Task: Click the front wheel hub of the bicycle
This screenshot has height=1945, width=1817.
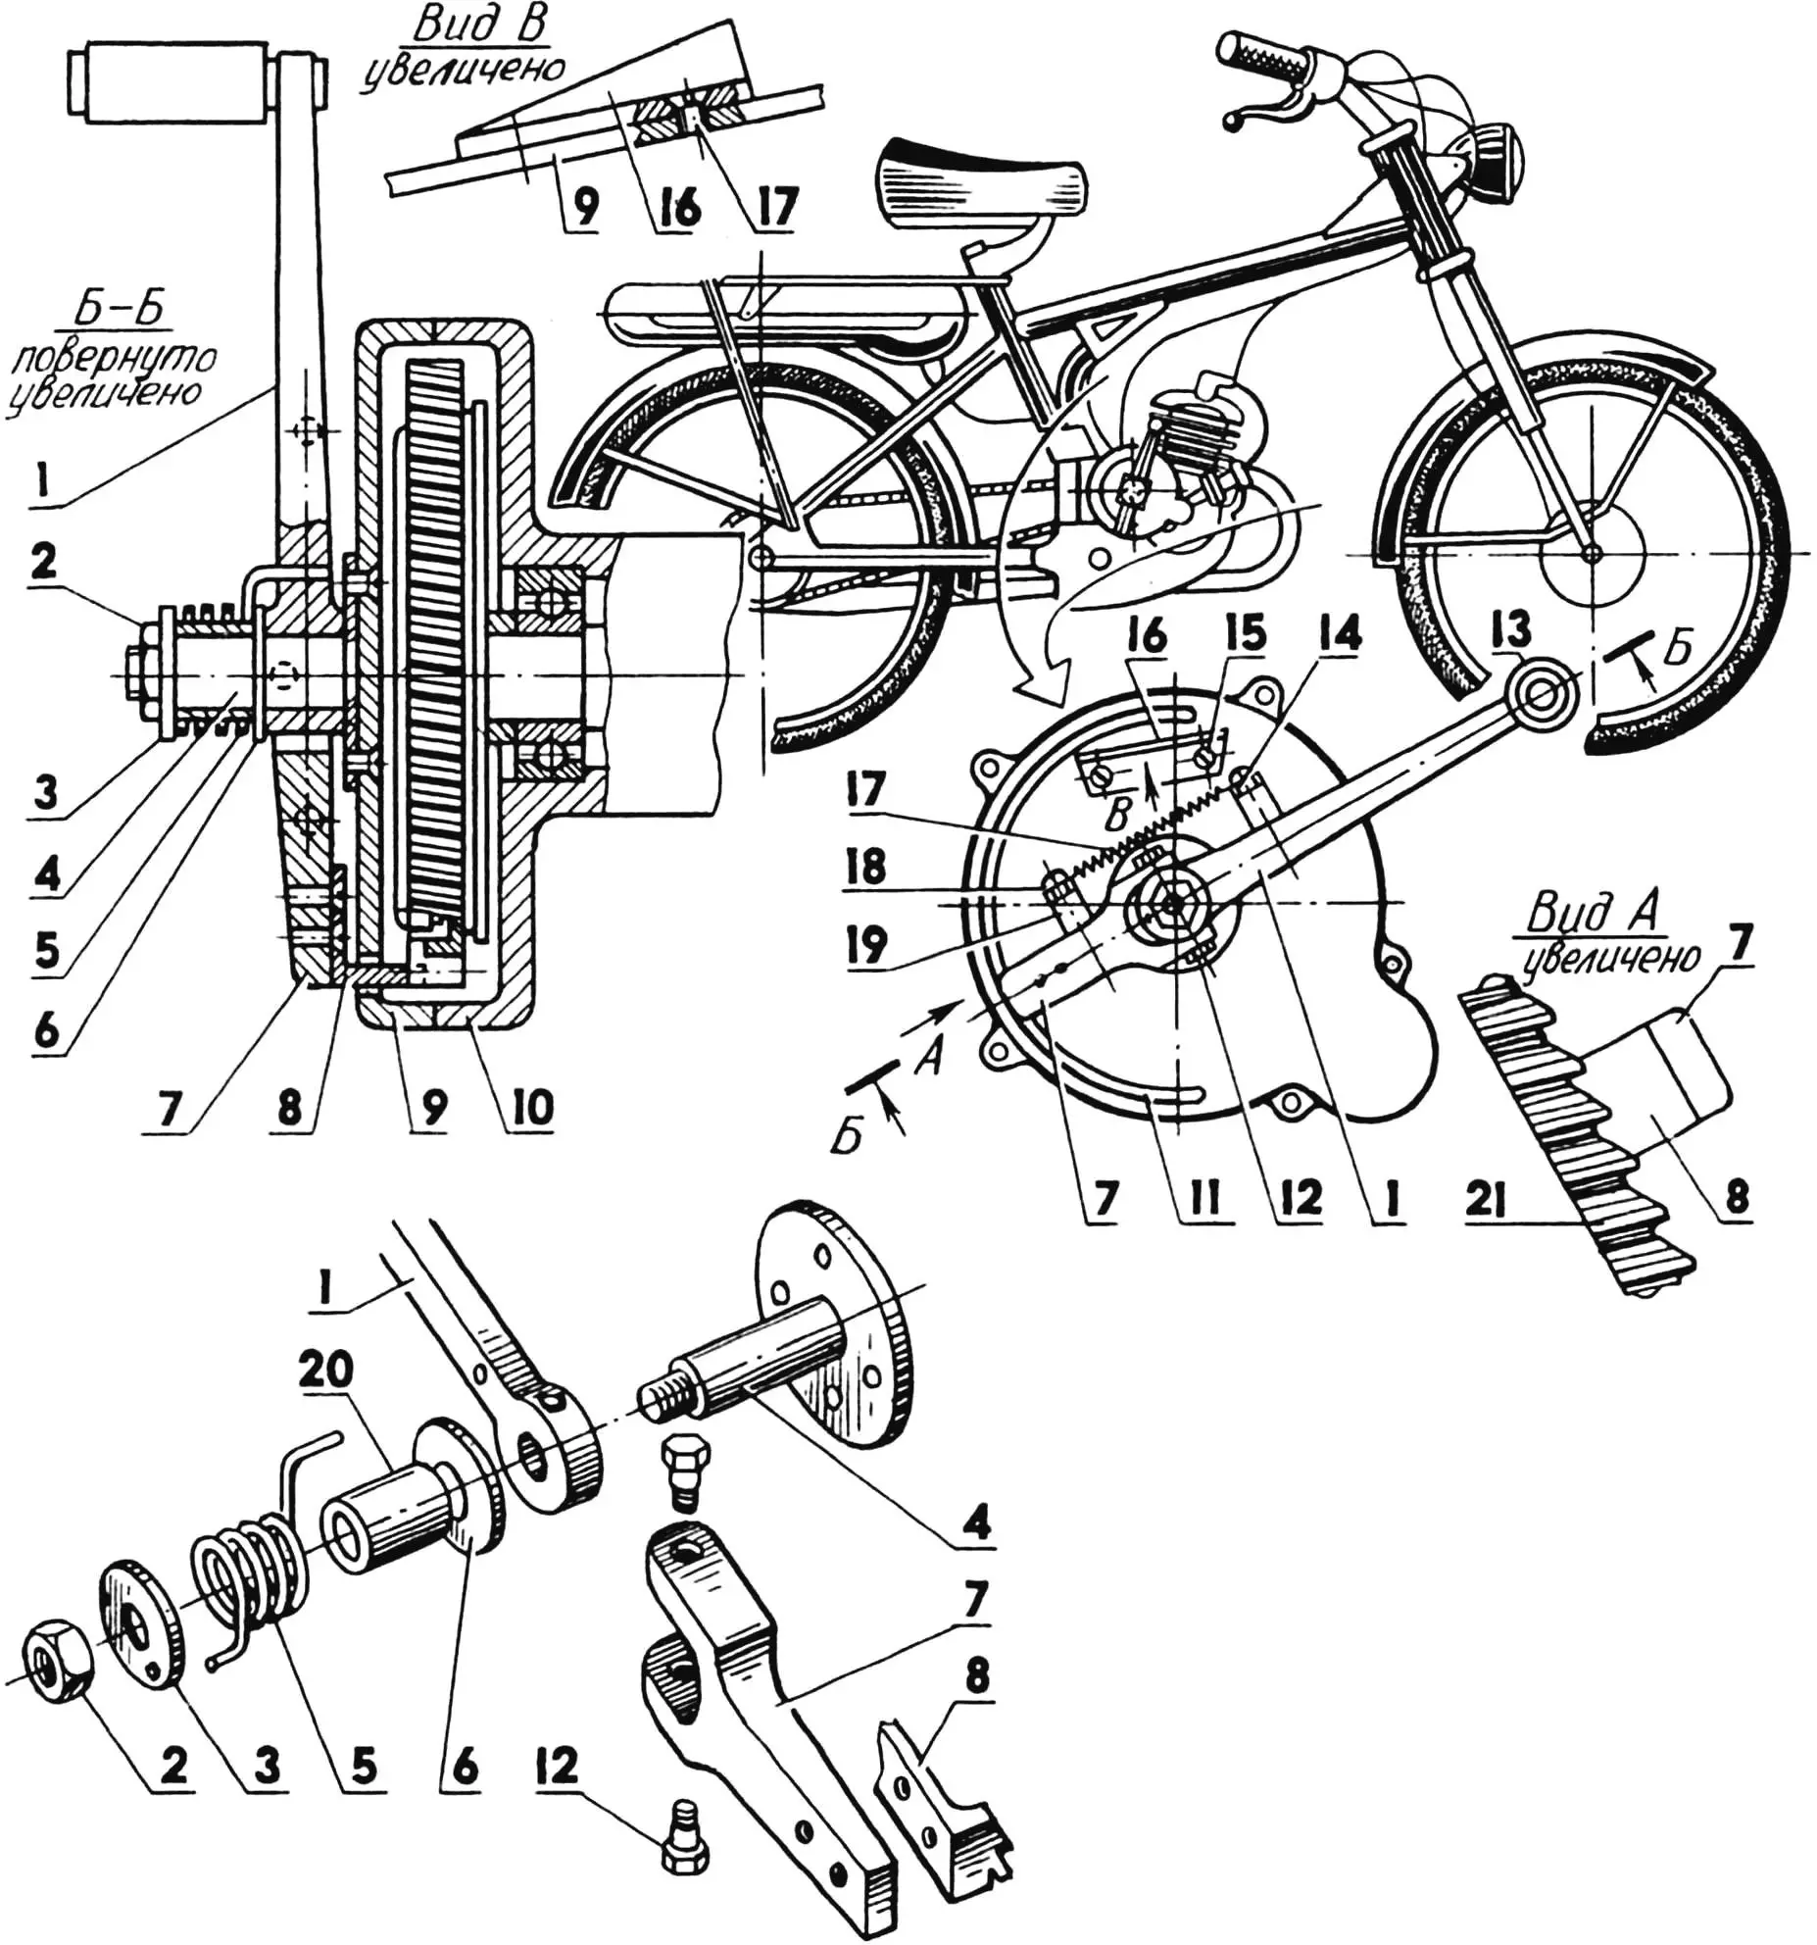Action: (x=1592, y=553)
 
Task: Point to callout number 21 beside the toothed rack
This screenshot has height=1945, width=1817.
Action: (x=1485, y=1201)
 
